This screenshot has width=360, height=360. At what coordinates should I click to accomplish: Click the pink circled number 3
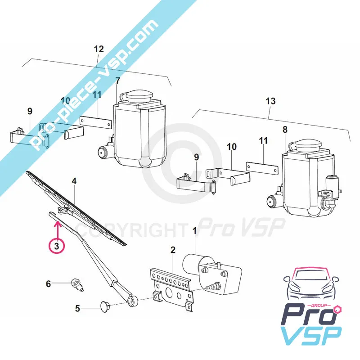click(56, 245)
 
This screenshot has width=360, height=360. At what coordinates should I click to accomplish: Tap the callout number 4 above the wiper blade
click(74, 181)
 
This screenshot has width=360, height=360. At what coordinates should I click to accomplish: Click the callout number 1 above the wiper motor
click(195, 231)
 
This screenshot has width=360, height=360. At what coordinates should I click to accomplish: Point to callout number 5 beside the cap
click(77, 308)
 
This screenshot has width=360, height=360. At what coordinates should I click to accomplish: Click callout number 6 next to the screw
click(48, 283)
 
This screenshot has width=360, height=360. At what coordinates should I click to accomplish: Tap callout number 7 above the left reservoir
click(118, 81)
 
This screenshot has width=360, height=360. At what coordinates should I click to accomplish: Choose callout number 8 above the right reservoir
click(284, 130)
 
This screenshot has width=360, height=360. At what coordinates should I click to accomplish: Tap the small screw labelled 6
click(77, 284)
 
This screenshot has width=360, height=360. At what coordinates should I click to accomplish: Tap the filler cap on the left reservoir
click(140, 96)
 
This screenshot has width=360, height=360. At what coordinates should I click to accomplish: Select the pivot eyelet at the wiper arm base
click(133, 300)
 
